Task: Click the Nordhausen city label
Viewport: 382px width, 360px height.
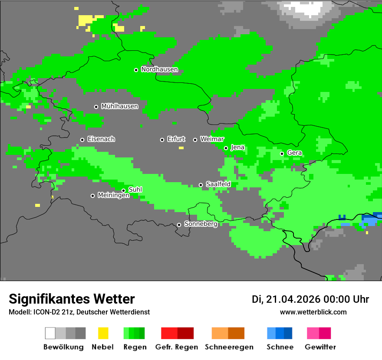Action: point(159,69)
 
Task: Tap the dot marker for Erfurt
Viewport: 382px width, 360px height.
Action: point(162,140)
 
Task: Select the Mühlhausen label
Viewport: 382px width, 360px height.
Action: point(119,106)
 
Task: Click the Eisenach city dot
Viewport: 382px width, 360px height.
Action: point(82,140)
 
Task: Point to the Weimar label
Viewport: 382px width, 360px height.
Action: point(212,139)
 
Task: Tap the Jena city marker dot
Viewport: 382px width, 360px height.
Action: point(226,148)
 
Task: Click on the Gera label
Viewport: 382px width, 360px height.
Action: point(294,153)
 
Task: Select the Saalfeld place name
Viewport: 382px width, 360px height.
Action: point(218,184)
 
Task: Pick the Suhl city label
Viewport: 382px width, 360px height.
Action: point(135,190)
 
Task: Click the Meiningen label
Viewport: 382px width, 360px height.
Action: point(113,196)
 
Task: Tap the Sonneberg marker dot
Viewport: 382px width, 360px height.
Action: point(179,225)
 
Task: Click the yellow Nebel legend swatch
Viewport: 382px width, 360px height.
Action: point(103,333)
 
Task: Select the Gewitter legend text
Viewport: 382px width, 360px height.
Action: point(320,347)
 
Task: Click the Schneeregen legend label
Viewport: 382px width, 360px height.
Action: point(229,347)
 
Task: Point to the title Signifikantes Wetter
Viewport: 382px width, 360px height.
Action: point(72,299)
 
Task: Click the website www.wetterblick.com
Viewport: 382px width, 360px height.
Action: point(313,312)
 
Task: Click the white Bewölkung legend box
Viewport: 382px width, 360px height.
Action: point(50,333)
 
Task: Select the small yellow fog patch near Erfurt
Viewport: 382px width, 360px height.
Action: point(181,148)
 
